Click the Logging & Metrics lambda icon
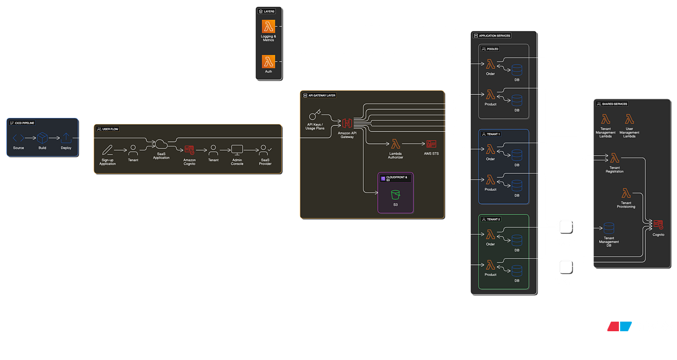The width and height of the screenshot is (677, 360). (x=268, y=26)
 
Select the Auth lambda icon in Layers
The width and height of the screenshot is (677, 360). (x=268, y=61)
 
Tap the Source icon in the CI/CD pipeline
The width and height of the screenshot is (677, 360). (x=19, y=138)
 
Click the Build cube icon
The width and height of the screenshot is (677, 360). (x=42, y=138)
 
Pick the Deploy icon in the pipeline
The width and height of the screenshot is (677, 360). (x=66, y=138)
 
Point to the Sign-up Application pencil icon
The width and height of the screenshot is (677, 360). (x=107, y=150)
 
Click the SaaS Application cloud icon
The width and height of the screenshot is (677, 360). (x=161, y=144)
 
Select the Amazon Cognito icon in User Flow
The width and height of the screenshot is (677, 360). (x=189, y=150)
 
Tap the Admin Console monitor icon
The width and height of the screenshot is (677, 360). (x=237, y=150)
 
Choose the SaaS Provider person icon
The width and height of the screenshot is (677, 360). (x=265, y=150)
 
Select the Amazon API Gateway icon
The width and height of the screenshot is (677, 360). (x=346, y=123)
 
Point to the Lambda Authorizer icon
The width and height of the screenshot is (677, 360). (x=395, y=144)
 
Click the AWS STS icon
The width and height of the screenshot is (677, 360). (x=431, y=144)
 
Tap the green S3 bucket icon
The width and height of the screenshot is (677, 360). (x=395, y=195)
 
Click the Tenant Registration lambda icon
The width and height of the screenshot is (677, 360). (x=614, y=158)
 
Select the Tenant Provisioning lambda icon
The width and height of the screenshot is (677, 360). (x=626, y=194)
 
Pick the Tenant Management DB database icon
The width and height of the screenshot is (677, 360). (x=609, y=229)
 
